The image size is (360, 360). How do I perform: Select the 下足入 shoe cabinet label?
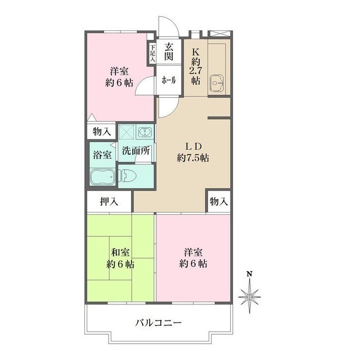(152, 53)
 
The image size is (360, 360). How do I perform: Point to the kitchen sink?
(215, 83)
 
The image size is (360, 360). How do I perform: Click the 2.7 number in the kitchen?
(196, 70)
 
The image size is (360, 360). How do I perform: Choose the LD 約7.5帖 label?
(193, 152)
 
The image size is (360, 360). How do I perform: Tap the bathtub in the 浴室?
(102, 177)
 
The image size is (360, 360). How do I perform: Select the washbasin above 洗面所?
(145, 133)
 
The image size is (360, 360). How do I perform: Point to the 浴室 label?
(101, 154)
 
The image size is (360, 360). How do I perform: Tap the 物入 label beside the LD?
(218, 201)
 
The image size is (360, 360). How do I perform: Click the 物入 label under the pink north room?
(101, 132)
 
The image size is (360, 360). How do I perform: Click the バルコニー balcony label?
(158, 323)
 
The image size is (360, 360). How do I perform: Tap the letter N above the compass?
(249, 274)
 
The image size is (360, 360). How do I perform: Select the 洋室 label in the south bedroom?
(193, 251)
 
